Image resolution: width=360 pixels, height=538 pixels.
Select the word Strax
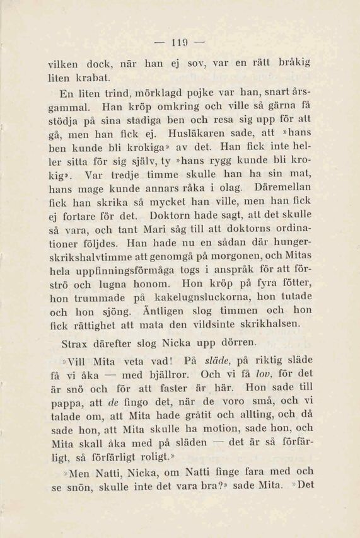[76, 345]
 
